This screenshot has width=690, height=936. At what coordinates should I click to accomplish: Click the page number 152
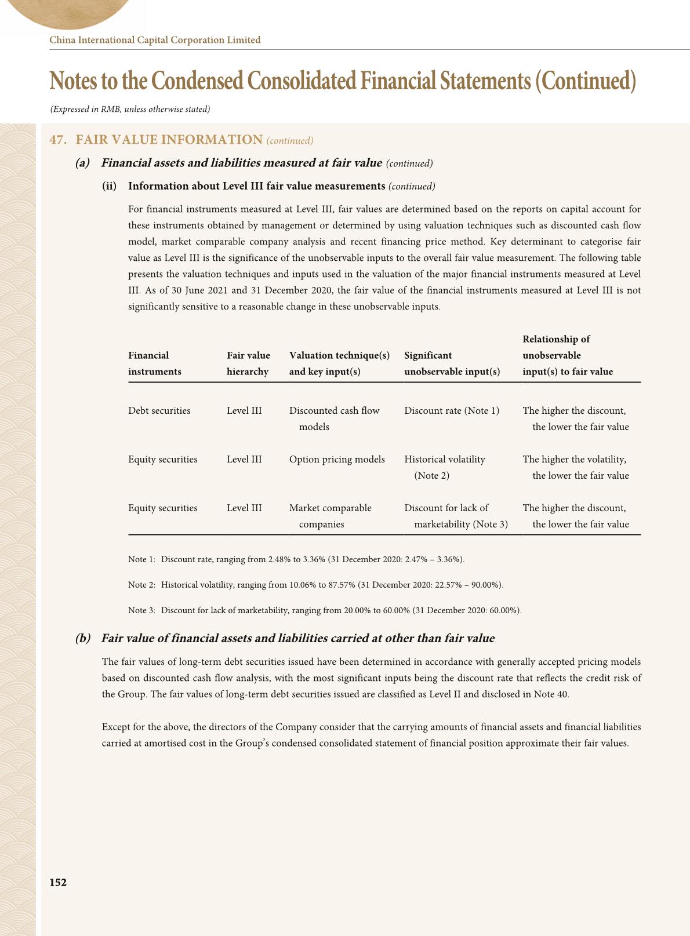[x=58, y=882]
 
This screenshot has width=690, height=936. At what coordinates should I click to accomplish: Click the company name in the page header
[x=155, y=40]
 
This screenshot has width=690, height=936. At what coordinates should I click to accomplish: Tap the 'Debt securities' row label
[x=159, y=410]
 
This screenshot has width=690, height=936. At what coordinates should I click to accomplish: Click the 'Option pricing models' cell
[x=337, y=459]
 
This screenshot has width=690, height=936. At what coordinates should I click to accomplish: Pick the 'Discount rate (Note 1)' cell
[x=451, y=410]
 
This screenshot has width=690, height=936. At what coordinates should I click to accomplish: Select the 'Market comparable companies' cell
[x=330, y=516]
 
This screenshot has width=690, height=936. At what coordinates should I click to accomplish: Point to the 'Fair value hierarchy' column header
[x=248, y=363]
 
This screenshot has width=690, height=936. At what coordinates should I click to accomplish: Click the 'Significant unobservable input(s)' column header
[x=452, y=363]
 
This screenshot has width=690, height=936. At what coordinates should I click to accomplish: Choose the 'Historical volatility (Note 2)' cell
[x=444, y=467]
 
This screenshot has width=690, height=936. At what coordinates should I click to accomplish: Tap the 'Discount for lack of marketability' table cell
[x=456, y=516]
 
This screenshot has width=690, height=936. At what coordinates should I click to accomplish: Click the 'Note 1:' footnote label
[x=141, y=559]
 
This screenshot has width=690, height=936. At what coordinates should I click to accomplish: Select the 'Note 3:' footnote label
[x=141, y=610]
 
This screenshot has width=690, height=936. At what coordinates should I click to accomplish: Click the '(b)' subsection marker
[x=83, y=638]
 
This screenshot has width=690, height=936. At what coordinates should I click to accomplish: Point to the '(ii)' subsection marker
[x=110, y=186]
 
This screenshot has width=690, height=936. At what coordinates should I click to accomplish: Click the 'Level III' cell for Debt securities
[x=244, y=410]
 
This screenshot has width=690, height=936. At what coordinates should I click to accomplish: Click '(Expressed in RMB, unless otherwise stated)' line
[x=130, y=109]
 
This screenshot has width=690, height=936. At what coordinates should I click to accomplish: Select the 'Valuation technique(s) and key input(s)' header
[x=339, y=363]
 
